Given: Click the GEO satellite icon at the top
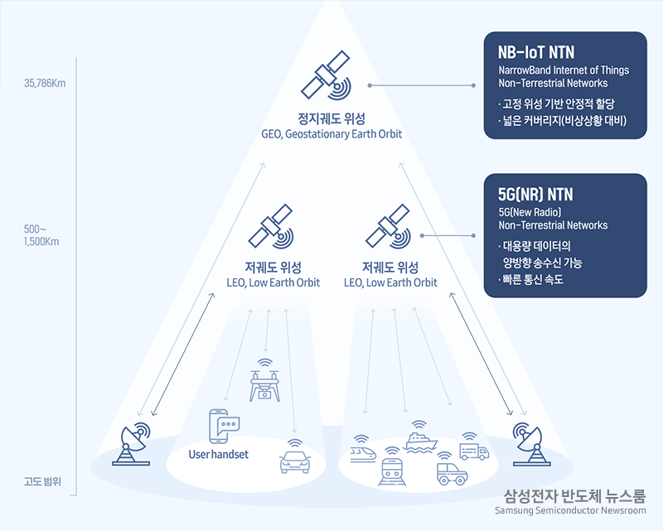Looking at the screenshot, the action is coord(325,75).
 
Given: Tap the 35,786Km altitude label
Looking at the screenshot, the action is coord(45,84).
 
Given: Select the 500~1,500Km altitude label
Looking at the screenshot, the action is coord(41,235).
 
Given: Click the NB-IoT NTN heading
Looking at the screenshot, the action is coord(536,52).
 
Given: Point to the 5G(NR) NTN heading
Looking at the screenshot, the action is coord(535,195).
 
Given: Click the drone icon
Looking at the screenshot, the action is coord(265,380).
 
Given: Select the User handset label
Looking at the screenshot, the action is coord(219,455).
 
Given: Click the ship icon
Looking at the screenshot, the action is coord(420,437).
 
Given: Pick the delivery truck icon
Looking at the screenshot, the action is coord(474,447).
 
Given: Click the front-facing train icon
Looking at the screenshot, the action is coord(392,466).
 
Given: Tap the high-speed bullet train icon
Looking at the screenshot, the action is coord(363,450).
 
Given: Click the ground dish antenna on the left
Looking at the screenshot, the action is coord(131,443).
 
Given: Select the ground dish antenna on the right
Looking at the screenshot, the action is coord(531,444).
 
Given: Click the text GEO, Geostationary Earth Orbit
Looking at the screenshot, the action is coord(331,134).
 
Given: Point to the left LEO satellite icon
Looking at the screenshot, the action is coord(271,226).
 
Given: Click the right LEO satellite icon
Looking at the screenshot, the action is coord(388,226).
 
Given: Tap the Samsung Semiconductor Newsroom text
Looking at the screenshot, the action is coord(570,511).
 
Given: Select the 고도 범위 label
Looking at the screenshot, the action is coord(43,481).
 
